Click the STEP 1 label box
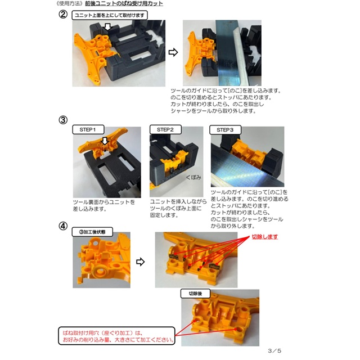[88, 130]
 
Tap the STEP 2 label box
[165, 130]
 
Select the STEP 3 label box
[225, 130]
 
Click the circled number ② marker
[63, 15]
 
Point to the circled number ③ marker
[63, 120]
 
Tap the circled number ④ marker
[63, 226]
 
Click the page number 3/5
[274, 351]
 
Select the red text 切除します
[265, 237]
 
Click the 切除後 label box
[195, 294]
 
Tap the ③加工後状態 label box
[92, 232]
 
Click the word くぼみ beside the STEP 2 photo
[193, 178]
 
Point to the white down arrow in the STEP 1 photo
[105, 141]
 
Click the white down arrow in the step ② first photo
[107, 26]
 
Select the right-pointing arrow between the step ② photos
[173, 52]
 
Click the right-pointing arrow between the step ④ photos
[140, 262]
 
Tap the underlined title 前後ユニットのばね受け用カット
[124, 3]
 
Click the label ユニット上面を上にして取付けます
[110, 15]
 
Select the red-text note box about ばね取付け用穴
[116, 336]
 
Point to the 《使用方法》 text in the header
[70, 3]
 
